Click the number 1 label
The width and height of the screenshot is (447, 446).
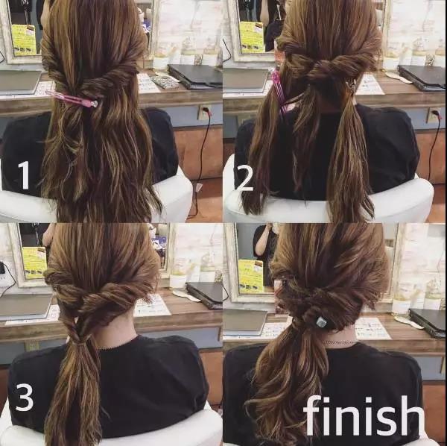25,175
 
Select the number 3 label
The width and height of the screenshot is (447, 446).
25,397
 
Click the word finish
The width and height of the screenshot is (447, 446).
364,416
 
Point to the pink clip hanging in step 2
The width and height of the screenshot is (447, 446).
278,91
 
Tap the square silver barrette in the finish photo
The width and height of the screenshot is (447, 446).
321,322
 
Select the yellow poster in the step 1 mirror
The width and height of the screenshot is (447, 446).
24,40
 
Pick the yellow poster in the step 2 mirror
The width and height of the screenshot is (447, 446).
252,37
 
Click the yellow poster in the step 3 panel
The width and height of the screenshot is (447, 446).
34,263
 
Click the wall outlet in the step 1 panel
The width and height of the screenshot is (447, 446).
203,112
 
